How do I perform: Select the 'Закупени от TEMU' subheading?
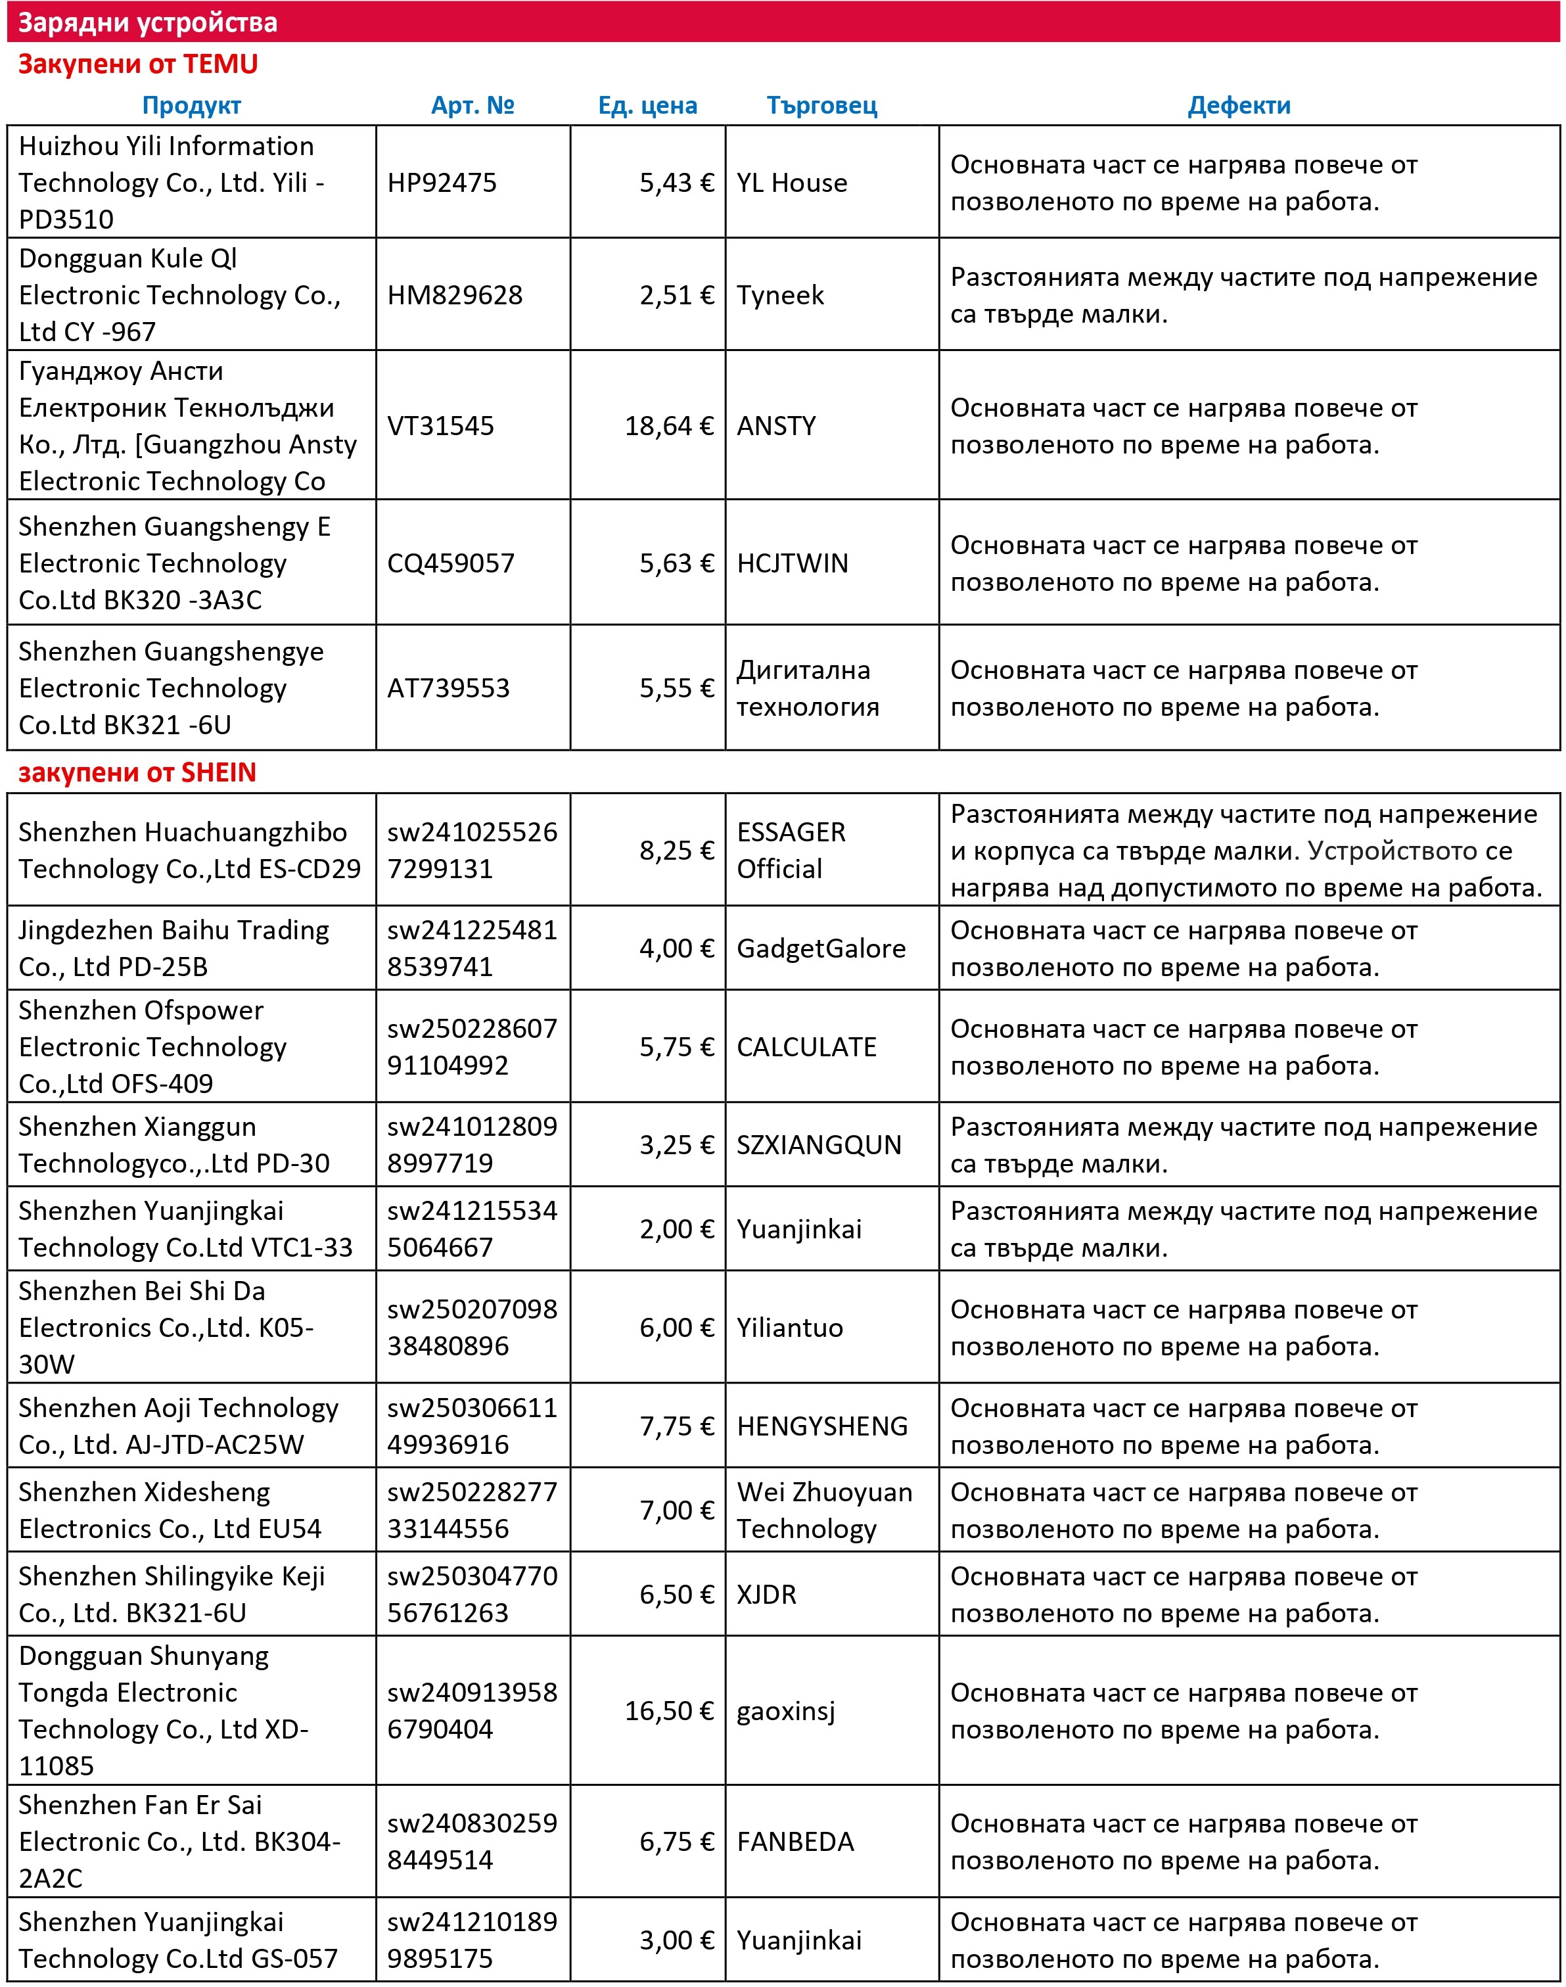tap(137, 64)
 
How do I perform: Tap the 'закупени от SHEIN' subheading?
tap(137, 772)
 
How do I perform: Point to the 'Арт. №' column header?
tap(472, 105)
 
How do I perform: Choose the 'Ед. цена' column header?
tap(647, 105)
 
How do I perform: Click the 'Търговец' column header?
tap(821, 105)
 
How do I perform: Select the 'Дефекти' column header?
tap(1239, 105)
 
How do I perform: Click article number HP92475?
tap(441, 183)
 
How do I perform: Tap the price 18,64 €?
tap(668, 425)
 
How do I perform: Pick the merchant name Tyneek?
tap(780, 294)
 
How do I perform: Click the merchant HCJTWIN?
tap(792, 563)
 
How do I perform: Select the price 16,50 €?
tap(668, 1710)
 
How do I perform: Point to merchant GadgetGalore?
tap(821, 948)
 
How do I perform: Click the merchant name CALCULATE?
tap(806, 1046)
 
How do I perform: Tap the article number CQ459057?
tap(450, 563)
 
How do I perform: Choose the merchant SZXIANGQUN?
tap(819, 1144)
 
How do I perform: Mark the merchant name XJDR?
tap(766, 1594)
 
